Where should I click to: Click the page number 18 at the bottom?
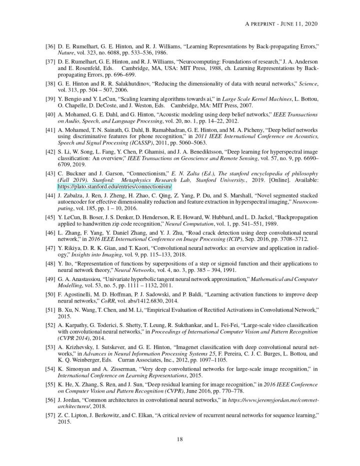[181, 439]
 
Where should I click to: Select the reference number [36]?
[50, 46]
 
